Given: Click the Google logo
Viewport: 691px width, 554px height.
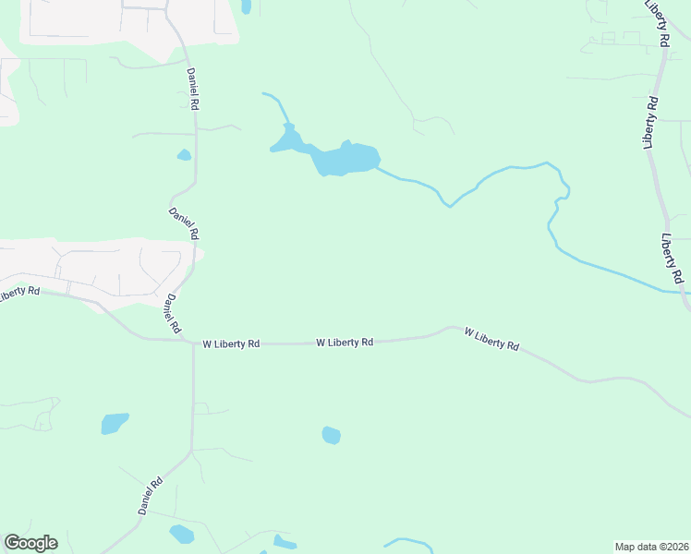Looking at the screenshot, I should (30, 543).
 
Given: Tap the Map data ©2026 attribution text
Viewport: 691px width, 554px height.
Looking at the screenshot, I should (651, 546).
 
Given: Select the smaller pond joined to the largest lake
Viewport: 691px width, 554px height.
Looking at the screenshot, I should (288, 141).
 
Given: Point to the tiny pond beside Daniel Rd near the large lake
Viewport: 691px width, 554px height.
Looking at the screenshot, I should (184, 155).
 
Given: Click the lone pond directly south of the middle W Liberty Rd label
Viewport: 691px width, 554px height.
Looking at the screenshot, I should (331, 435).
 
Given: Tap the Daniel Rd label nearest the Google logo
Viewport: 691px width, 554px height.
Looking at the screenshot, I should (151, 496).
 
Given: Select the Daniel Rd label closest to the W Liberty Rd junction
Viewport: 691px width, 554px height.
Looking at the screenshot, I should (172, 315).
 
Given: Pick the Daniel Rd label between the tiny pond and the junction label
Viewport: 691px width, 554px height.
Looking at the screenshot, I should (184, 224).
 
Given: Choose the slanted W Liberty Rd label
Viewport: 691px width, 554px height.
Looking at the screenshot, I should (491, 338).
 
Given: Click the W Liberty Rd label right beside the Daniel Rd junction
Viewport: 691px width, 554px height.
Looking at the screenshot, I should (231, 343).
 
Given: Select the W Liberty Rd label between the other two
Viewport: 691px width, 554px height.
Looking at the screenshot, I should (345, 342).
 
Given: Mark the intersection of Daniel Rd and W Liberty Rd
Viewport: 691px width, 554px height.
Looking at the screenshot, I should (192, 342).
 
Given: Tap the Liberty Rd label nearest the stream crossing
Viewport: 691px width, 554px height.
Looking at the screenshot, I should (672, 258).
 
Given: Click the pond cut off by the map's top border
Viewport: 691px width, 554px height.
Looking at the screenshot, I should (246, 6).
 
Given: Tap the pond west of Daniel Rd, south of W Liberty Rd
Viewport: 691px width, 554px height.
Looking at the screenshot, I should (115, 424).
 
